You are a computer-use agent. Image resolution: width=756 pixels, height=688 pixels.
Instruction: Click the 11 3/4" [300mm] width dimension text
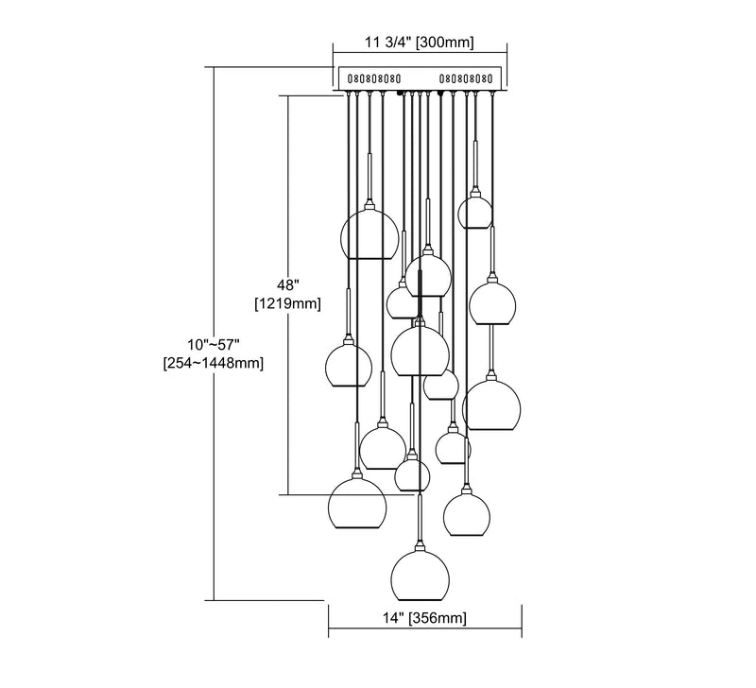[x=419, y=43]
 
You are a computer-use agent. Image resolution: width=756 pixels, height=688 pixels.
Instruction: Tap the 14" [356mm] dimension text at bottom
[x=424, y=618]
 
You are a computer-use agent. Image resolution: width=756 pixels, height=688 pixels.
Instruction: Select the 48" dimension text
[x=288, y=285]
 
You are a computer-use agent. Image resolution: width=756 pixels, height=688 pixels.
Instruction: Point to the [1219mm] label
[x=288, y=303]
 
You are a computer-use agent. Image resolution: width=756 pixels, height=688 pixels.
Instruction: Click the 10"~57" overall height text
[x=214, y=345]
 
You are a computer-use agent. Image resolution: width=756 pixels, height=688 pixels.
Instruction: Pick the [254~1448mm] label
[x=214, y=363]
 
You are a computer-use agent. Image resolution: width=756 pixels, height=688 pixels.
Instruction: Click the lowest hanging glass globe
[x=420, y=576]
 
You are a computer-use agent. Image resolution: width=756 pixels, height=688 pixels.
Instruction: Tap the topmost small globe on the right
[x=475, y=211]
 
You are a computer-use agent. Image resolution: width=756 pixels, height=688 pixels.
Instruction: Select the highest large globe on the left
[x=369, y=234]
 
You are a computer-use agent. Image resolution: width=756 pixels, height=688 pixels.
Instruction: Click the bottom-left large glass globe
[x=357, y=505]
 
